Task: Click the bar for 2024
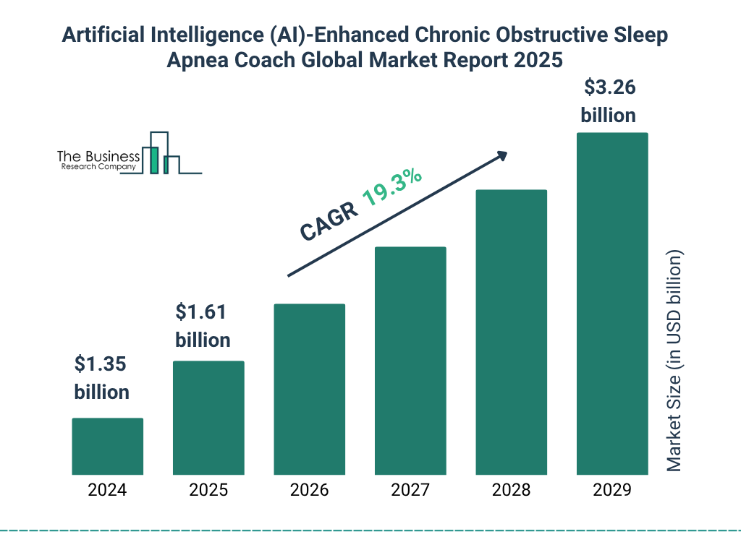click(x=107, y=446)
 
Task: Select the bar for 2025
click(x=208, y=418)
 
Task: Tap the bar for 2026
click(x=309, y=389)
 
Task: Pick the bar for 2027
click(x=410, y=361)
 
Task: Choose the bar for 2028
click(x=511, y=332)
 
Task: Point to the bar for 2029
click(x=611, y=304)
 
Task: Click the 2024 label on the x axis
click(x=107, y=491)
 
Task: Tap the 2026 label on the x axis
click(x=309, y=491)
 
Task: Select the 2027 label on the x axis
click(x=410, y=491)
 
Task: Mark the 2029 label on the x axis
click(x=611, y=491)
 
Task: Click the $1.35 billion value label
click(x=101, y=378)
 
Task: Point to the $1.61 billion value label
click(x=203, y=326)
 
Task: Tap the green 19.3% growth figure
click(x=393, y=187)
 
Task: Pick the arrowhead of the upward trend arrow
click(x=501, y=155)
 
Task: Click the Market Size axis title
click(x=674, y=361)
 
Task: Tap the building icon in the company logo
click(x=160, y=153)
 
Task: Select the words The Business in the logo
click(x=98, y=156)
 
